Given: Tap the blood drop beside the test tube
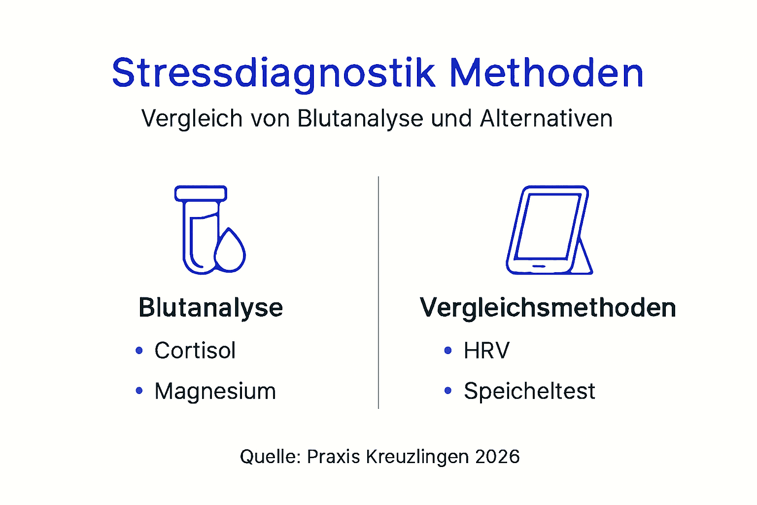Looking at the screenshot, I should [x=230, y=252].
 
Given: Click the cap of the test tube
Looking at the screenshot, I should [x=201, y=193].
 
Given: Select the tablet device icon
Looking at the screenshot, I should [x=548, y=230].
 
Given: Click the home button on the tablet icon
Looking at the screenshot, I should [x=539, y=266].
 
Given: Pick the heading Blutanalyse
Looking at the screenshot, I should [x=210, y=308].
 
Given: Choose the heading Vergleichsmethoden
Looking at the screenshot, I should [x=548, y=308].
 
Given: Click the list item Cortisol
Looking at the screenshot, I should [x=195, y=351].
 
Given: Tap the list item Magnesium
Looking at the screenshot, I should [x=215, y=391].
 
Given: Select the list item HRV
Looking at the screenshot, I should [x=486, y=351].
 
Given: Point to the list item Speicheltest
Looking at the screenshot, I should [x=529, y=391].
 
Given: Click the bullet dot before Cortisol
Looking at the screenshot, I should [x=139, y=351].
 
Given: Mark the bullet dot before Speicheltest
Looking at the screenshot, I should [x=447, y=391].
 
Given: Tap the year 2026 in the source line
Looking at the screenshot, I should [x=497, y=457].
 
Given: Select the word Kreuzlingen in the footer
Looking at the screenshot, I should [x=417, y=457].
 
